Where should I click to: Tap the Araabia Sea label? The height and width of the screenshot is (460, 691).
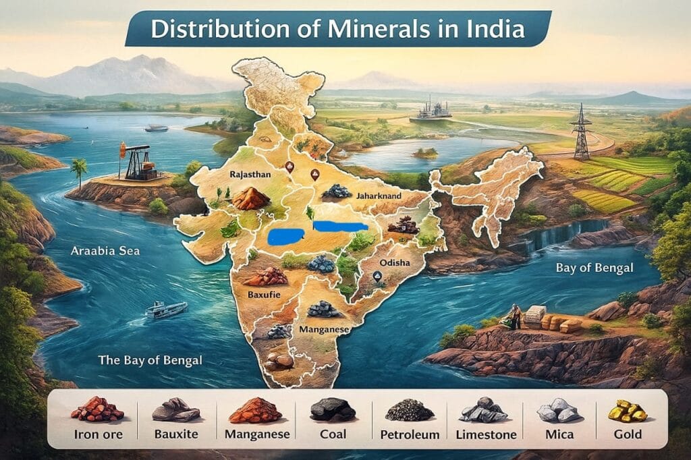tap(105, 252)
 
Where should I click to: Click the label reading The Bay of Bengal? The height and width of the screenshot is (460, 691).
tap(150, 360)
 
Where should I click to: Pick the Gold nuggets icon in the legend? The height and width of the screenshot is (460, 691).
tap(628, 409)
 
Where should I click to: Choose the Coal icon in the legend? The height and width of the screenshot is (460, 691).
tap(332, 409)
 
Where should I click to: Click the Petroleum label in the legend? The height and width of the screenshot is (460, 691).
tap(410, 434)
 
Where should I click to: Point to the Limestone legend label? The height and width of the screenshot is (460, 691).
tap(487, 434)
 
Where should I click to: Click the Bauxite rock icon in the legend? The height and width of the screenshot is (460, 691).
tap(175, 409)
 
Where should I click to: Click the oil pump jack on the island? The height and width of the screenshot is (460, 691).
tap(138, 163)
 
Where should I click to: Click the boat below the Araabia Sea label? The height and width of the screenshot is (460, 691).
tap(166, 309)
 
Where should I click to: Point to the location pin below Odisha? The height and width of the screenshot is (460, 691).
tap(377, 277)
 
